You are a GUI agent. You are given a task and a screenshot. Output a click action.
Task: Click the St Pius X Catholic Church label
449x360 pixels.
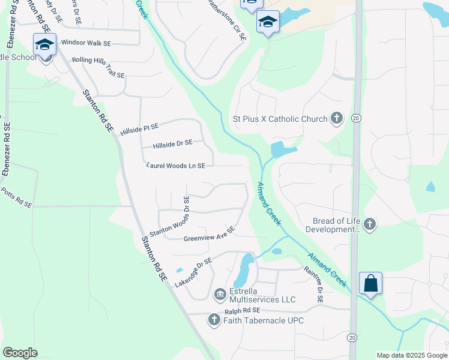click(280, 119)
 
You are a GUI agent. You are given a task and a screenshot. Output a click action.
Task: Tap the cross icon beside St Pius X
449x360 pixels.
click(336, 119)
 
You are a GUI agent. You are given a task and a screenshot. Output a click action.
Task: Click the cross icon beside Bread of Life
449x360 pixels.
click(370, 225)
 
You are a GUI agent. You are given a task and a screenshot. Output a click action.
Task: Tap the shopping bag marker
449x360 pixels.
click(370, 283)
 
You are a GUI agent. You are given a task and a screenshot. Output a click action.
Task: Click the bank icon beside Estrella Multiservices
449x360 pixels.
click(220, 294)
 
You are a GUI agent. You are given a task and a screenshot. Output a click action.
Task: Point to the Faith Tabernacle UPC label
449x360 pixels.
click(264, 320)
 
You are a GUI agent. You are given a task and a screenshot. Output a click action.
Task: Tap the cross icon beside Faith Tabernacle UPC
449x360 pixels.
click(214, 320)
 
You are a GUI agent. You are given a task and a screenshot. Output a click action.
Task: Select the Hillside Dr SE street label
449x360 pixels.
click(173, 144)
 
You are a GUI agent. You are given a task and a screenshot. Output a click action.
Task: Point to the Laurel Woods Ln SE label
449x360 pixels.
click(176, 166)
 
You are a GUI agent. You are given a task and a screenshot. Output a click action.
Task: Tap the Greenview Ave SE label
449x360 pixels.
click(209, 235)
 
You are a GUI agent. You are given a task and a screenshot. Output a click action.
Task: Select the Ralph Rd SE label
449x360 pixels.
click(243, 311)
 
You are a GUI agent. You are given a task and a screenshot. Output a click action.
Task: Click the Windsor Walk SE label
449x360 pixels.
click(86, 43)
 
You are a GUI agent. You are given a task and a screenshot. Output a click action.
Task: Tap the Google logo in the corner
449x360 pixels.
click(20, 353)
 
